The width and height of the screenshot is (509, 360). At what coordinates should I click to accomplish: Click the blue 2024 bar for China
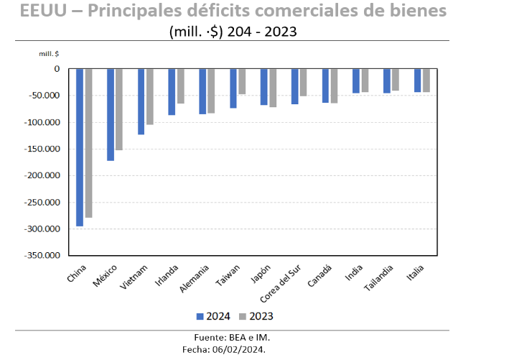coord(80,147)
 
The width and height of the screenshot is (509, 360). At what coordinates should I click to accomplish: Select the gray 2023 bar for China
coord(88,143)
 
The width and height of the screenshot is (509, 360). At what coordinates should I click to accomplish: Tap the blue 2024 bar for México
coord(111,114)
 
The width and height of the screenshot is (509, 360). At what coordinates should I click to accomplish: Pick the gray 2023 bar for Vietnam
coord(149,96)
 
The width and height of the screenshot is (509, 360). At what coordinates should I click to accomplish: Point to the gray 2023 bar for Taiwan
coord(242,81)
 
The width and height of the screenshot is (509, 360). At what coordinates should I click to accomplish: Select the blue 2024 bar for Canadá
coord(325,86)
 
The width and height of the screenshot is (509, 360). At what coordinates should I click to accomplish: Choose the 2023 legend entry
coord(256,316)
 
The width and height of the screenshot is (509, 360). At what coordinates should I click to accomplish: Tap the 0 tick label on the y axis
coord(56,69)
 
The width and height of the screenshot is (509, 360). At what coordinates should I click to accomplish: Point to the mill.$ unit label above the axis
coord(50,53)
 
